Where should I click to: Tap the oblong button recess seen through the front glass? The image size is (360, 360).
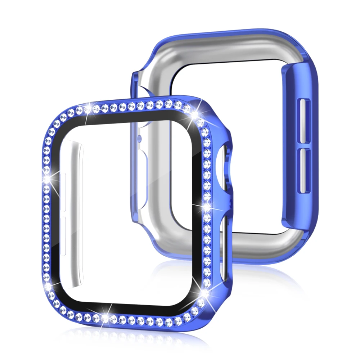pos(141,160)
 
